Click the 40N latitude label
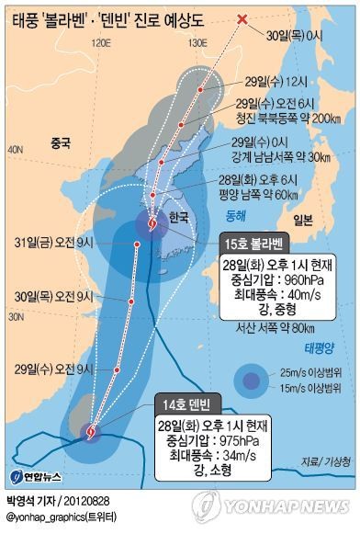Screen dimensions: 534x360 point(15,148)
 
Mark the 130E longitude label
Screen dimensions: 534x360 point(199,43)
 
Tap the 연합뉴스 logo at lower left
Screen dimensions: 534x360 point(36,476)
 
